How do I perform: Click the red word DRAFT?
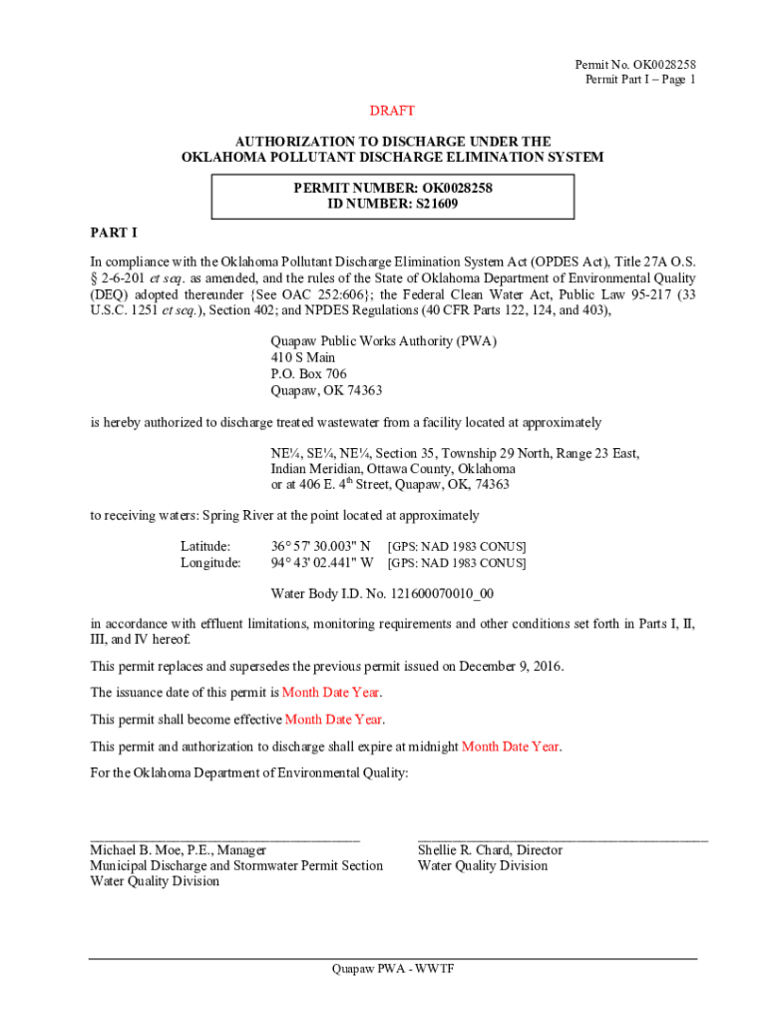click(392, 111)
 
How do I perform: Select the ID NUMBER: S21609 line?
click(392, 204)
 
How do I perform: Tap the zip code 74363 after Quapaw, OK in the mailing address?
click(363, 390)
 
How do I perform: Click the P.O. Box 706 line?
click(308, 374)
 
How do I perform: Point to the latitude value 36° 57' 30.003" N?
click(321, 547)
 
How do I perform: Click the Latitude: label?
click(205, 547)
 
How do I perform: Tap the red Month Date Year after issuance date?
click(331, 693)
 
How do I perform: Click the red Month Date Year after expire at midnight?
click(510, 746)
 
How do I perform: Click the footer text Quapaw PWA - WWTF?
click(393, 969)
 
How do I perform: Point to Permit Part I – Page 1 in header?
click(635, 80)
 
